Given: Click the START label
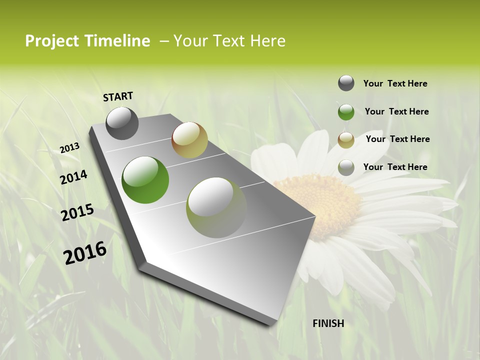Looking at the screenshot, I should (118, 96).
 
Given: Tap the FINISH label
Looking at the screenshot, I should (328, 323).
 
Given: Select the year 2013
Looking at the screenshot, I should (69, 147).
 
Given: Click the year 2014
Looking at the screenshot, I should (73, 177).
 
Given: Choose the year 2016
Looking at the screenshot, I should (85, 253).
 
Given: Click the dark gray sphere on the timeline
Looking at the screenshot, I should (122, 123).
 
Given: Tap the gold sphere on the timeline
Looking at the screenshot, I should (189, 140).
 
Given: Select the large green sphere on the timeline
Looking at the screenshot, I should (145, 180).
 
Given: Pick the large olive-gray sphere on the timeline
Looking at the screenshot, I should (216, 207).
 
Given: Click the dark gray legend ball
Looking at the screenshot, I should (346, 83).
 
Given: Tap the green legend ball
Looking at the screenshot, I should (346, 112).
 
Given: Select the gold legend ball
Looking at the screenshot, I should (346, 140).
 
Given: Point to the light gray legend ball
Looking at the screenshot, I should (346, 167).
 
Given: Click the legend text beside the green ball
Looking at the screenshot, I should (396, 111).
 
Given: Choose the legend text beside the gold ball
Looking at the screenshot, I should (397, 139).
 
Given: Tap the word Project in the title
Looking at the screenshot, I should (51, 41).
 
